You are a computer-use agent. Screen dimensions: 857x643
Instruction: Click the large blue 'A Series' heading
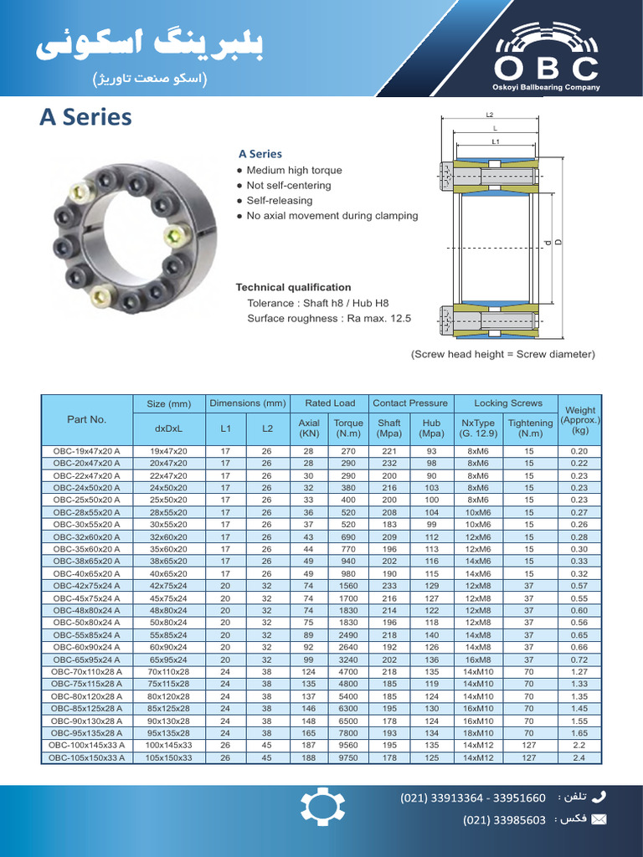[x=85, y=117]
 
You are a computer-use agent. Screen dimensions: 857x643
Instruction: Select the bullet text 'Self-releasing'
[x=279, y=201]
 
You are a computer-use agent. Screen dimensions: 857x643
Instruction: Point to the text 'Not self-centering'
[x=288, y=186]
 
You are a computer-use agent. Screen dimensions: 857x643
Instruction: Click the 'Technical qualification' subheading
[x=293, y=287]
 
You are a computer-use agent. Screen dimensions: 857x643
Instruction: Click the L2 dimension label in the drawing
[x=490, y=115]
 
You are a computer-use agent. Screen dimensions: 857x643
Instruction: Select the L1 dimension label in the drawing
[x=495, y=142]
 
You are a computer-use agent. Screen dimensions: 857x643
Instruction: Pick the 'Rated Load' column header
[x=330, y=403]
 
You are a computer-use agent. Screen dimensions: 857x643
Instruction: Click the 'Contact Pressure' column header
[x=410, y=403]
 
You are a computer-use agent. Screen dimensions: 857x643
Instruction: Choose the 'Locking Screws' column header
[x=507, y=403]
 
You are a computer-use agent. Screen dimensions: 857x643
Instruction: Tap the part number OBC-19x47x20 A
[x=87, y=451]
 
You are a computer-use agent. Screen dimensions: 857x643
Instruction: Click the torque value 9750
[x=348, y=758]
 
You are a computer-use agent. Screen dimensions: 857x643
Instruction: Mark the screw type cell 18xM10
[x=478, y=733]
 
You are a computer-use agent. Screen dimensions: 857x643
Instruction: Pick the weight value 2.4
[x=579, y=758]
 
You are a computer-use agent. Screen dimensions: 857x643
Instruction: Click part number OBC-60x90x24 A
[x=87, y=647]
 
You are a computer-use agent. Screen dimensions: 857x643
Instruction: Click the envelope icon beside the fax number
[x=599, y=819]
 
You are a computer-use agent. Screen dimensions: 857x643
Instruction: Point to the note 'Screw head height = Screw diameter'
[x=502, y=354]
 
